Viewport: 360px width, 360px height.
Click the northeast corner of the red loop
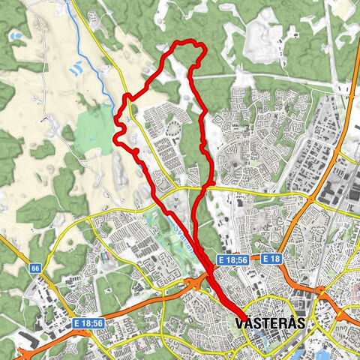(x=200, y=48)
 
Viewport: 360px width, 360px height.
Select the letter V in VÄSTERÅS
(x=239, y=323)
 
